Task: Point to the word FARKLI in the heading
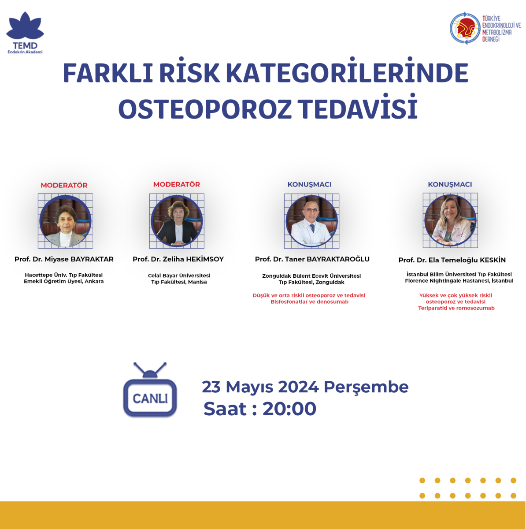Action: point(108,73)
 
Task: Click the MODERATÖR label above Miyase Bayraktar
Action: point(64,185)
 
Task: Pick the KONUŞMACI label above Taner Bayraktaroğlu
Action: point(310,184)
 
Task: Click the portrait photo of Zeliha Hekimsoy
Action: point(177,221)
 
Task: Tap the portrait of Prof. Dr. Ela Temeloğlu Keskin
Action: point(450,220)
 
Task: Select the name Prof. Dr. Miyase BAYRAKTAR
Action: point(64,259)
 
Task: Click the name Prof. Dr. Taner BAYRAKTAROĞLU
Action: point(312,259)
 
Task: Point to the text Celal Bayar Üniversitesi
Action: point(179,276)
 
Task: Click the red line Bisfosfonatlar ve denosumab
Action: point(310,302)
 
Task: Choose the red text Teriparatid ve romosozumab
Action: point(456,308)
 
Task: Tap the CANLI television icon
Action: point(150,390)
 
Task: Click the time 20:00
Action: point(289,409)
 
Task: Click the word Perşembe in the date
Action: point(366,387)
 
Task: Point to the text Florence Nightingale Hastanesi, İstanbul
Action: point(459,281)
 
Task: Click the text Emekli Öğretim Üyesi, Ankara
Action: point(64,281)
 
